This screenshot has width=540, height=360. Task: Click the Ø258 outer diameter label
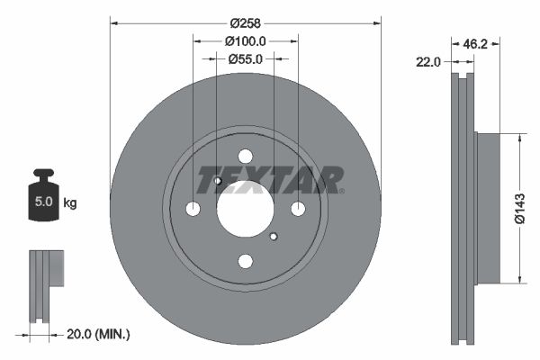pos(245,22)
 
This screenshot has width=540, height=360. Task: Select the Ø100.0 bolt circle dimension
pos(245,40)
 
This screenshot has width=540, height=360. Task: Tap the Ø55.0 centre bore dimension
pos(245,58)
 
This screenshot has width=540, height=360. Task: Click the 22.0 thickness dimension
pos(428,62)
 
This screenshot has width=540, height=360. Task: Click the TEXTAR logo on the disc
pos(270,179)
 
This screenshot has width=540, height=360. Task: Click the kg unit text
pos(70,203)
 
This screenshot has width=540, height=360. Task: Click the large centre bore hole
pos(245,208)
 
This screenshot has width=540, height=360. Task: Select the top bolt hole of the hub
pos(245,155)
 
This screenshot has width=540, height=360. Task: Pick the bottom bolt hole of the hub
pos(245,261)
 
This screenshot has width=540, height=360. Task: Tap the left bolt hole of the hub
pos(193,208)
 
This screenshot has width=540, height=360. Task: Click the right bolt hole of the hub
pos(298,208)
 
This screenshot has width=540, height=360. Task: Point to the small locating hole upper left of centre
pos(218,181)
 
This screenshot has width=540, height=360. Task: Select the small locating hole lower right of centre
pos(273,236)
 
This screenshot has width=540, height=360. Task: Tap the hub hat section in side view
pos(486,208)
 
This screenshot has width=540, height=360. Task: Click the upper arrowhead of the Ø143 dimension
pos(520,138)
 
